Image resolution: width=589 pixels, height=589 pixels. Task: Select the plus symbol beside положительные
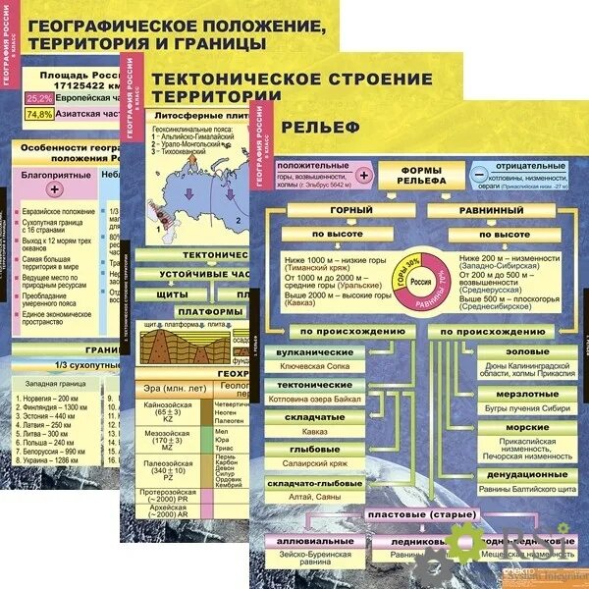pos(363,174)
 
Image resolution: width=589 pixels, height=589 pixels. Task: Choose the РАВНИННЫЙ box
pos(491,210)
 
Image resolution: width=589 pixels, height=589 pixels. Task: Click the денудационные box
pos(514,475)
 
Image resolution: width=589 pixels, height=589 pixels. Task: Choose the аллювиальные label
pos(314,541)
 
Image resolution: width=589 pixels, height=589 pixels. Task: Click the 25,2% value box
pos(39,98)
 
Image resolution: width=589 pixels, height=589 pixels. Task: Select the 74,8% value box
pos(39,114)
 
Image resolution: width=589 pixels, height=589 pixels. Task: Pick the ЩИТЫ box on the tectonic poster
pos(172,294)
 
